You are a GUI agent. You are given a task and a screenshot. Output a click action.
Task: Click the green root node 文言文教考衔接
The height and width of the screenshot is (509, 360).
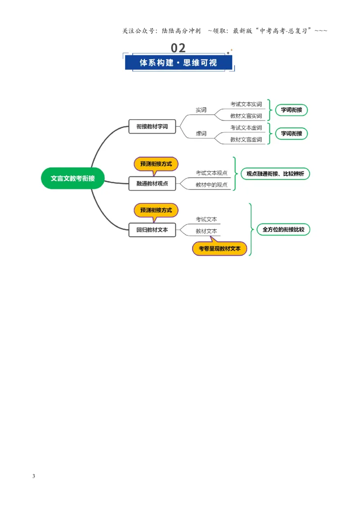point(73,178)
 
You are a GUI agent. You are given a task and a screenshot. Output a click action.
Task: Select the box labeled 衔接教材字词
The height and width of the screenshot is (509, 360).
point(152,126)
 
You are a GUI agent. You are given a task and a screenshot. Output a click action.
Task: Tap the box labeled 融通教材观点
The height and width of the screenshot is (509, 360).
point(152,183)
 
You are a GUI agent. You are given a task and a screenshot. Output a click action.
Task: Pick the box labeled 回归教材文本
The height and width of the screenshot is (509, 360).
point(152,230)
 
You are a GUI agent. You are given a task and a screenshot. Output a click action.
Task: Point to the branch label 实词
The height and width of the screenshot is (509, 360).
point(201,110)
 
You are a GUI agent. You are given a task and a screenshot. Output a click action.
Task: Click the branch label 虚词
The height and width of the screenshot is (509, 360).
point(201,134)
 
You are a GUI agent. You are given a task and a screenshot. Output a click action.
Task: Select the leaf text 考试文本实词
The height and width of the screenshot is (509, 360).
point(246,104)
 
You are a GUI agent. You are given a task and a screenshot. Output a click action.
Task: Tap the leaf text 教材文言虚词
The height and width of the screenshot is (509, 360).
point(246,139)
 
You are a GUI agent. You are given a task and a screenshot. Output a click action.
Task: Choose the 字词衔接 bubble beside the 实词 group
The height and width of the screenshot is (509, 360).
point(292,110)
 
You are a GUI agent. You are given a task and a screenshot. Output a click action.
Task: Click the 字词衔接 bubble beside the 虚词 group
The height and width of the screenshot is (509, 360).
point(292,134)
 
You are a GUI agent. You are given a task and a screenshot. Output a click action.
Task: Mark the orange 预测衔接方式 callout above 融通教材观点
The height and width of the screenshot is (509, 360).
point(156,165)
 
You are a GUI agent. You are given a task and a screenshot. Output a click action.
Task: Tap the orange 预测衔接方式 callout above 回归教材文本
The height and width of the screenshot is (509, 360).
point(156,211)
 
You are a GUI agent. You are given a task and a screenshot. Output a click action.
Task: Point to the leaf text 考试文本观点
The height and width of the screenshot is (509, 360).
point(211,173)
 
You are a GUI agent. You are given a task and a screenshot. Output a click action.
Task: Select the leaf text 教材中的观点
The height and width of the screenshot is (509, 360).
point(211,185)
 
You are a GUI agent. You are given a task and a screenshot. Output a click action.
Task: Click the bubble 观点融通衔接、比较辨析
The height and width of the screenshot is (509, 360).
point(275,174)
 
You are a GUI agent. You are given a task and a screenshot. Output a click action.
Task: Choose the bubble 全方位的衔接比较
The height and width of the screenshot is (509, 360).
point(283,229)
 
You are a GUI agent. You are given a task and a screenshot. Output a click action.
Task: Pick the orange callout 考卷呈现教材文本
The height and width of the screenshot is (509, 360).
point(220,248)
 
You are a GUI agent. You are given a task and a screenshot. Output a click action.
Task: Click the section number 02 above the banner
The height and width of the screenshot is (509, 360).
point(178,48)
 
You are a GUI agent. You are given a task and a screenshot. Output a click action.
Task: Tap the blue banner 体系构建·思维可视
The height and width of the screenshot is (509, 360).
point(178,63)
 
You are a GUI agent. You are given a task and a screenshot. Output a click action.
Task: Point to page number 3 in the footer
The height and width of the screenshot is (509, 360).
point(34,476)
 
